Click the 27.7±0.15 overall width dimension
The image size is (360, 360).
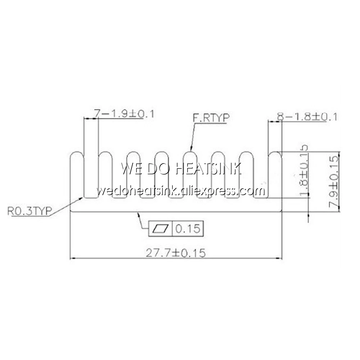tap(175, 253)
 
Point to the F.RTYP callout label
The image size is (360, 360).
tap(211, 117)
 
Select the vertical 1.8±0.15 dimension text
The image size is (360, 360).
tap(304, 171)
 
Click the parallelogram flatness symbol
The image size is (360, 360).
tap(161, 228)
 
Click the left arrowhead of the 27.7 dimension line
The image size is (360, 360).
tap(72, 258)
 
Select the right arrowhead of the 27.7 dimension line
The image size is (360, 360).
tap(279, 258)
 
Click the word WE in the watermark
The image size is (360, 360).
tap(131, 168)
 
